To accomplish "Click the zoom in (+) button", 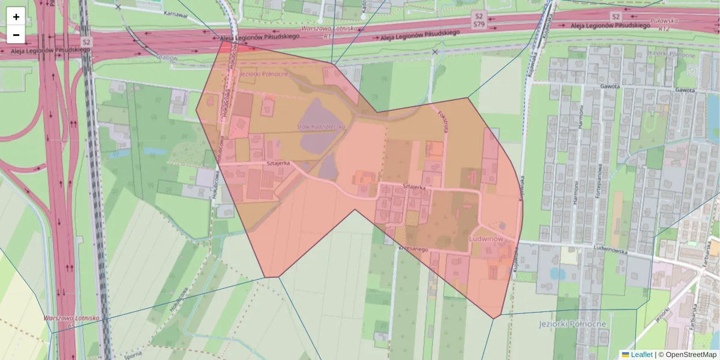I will (x=16, y=17).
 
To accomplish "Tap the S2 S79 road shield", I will (x=478, y=20).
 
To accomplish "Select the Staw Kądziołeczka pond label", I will (x=322, y=127).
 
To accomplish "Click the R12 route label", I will (x=663, y=28).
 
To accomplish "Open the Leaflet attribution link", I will (x=641, y=355).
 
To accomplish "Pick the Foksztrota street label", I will (x=444, y=122).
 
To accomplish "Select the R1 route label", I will (x=328, y=36).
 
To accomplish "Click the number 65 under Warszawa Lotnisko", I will (x=72, y=325).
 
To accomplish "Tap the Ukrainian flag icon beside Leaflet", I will (x=625, y=355).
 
